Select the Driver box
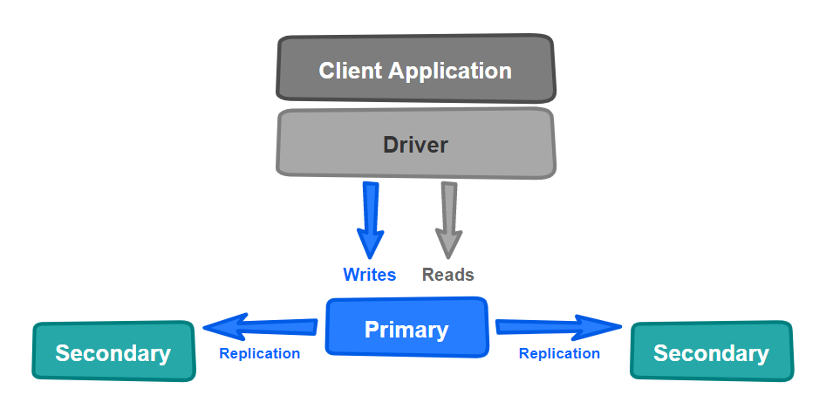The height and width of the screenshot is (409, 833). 415,143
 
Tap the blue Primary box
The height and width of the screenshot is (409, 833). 406,328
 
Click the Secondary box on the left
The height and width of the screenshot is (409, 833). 113,351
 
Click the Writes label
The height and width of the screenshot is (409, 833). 369,275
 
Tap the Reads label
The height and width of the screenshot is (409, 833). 447,275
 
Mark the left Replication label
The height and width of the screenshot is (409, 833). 259,353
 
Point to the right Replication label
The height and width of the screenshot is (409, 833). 559,353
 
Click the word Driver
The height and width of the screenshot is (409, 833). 415,144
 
